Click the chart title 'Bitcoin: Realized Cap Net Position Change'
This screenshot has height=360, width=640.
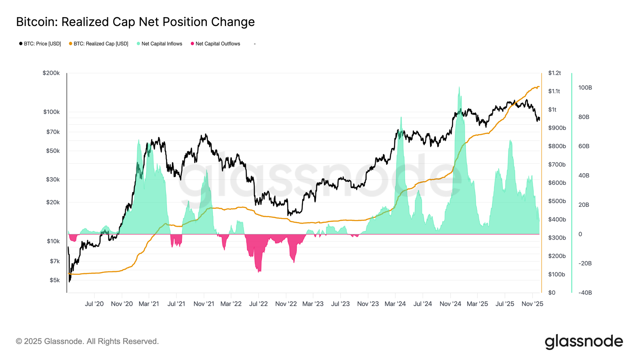tap(135, 22)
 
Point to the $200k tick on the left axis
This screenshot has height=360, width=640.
tap(51, 73)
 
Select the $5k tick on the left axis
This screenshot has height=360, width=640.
tap(54, 280)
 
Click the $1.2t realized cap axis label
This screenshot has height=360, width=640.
tap(554, 73)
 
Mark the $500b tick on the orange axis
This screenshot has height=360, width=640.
tap(557, 201)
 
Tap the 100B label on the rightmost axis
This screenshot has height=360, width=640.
tap(585, 88)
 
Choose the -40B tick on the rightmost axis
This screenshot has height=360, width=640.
tap(585, 292)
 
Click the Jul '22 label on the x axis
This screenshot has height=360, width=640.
tap(258, 304)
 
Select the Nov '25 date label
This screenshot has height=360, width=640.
tap(532, 304)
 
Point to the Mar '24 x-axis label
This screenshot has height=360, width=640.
tap(395, 304)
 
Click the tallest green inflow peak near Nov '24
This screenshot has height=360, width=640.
tap(459, 88)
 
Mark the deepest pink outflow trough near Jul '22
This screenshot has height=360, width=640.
tap(259, 272)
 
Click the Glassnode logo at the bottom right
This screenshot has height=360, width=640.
tap(584, 342)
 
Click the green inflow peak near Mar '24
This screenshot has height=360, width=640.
tap(401, 118)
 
